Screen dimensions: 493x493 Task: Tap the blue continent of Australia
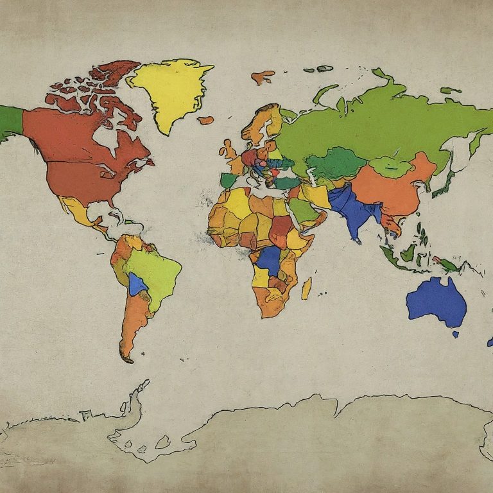(437, 300)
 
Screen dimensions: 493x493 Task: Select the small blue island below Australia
(456, 334)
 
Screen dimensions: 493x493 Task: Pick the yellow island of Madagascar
(307, 288)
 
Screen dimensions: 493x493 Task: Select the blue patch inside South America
(136, 284)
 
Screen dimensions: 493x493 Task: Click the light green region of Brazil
(154, 270)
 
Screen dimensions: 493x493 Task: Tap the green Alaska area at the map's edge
(10, 122)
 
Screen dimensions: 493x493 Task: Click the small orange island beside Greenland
(205, 119)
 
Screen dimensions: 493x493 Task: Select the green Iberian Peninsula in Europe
(228, 180)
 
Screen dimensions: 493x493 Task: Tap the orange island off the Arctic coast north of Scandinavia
(263, 78)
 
